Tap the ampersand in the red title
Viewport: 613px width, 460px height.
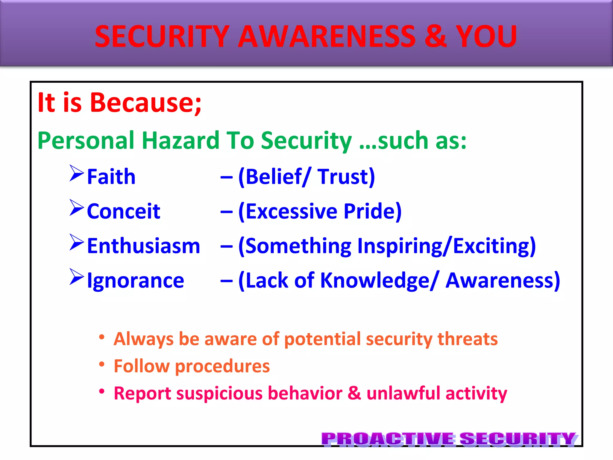point(436,37)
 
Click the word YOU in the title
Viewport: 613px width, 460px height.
point(486,37)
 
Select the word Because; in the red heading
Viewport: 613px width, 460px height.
point(146,103)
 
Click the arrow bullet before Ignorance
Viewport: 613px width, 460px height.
point(77,277)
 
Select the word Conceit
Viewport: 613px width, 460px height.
point(123,211)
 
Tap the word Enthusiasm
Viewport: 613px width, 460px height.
point(143,246)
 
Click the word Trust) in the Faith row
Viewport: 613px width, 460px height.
point(346,177)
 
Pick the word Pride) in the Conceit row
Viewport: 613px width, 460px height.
point(372,211)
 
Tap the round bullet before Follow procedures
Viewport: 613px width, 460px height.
point(102,364)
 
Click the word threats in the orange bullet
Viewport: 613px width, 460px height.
point(468,339)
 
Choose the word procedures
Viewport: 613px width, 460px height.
point(222,366)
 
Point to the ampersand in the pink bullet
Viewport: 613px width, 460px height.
point(354,393)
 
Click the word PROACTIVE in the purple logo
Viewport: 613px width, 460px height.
point(388,439)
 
